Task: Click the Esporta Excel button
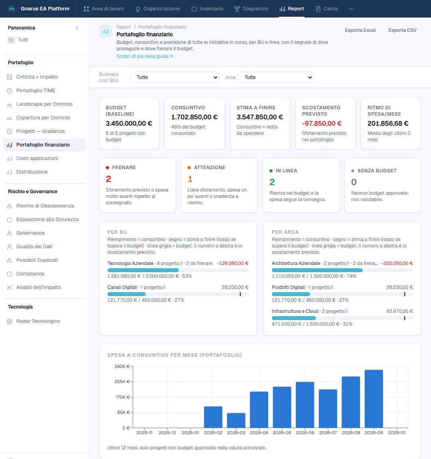(x=360, y=30)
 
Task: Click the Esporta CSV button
(x=402, y=30)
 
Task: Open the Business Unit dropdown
(x=174, y=77)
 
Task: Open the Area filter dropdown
(x=276, y=77)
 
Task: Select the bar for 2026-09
(x=374, y=399)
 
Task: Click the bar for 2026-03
(x=236, y=420)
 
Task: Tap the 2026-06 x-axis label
(x=305, y=433)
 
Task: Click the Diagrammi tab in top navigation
(x=251, y=9)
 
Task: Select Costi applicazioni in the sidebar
(x=37, y=158)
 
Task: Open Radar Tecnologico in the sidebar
(x=38, y=321)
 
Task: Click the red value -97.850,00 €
(x=322, y=124)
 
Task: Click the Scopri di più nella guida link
(x=144, y=56)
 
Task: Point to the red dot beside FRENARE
(x=107, y=168)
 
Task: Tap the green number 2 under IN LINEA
(x=272, y=182)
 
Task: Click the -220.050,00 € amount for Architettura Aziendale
(x=397, y=263)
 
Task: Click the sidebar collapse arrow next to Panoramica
(x=77, y=28)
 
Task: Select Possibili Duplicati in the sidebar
(x=37, y=260)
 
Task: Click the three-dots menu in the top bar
(x=352, y=9)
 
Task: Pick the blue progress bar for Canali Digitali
(x=127, y=294)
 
